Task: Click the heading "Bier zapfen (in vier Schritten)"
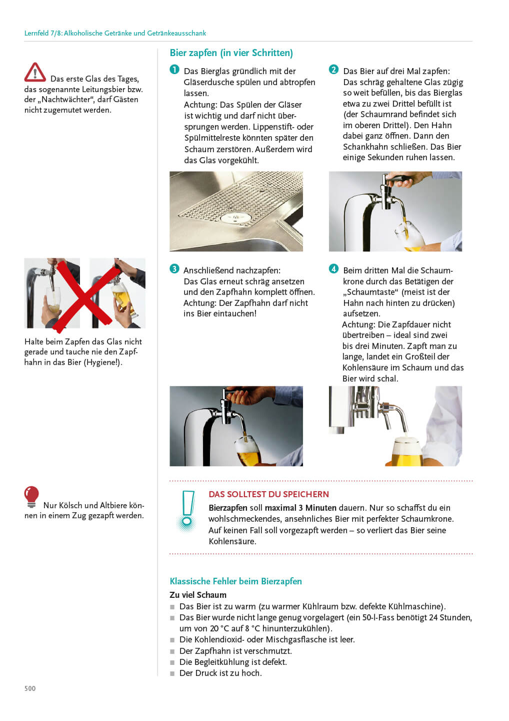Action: tap(231, 53)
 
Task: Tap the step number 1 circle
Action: tap(174, 70)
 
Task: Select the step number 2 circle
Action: tap(333, 70)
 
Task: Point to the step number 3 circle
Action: tap(174, 269)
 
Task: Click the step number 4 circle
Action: tap(333, 269)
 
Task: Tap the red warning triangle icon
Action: tap(35, 73)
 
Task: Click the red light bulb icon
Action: tap(31, 496)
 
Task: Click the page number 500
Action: tap(30, 688)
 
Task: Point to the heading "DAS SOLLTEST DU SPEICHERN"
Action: tap(268, 494)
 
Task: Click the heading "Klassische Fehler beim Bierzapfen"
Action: tap(235, 581)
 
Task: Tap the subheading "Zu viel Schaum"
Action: tap(198, 595)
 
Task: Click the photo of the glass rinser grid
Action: tap(236, 211)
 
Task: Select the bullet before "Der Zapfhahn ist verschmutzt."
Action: tap(172, 651)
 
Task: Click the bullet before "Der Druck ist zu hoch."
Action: tap(172, 673)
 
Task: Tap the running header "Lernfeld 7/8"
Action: tap(42, 33)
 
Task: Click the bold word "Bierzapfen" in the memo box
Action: tap(227, 508)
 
